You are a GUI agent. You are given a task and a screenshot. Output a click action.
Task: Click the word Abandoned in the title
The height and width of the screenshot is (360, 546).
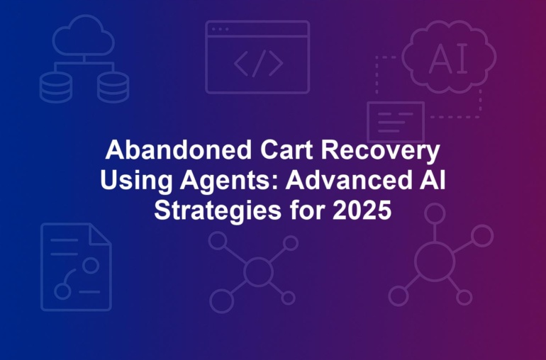(179, 150)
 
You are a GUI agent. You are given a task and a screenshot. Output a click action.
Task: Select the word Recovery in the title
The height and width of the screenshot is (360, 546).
(381, 152)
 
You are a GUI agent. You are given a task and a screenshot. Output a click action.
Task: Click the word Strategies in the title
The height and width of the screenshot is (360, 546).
(218, 211)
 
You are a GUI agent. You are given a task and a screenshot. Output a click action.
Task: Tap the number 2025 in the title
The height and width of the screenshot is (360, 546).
(362, 210)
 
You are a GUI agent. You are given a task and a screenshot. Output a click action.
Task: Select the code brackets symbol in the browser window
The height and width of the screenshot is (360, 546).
(258, 63)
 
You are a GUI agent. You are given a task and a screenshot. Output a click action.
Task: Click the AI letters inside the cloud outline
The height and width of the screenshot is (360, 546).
(448, 59)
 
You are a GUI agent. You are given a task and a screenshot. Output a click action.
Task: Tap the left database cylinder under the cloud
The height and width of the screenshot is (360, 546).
(56, 87)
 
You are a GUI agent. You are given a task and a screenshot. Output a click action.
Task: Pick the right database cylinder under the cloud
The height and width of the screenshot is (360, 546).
(113, 87)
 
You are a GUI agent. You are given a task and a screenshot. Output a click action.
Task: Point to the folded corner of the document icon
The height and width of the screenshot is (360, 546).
(100, 235)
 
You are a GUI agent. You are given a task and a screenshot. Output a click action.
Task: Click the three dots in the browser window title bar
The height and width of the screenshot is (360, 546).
(221, 29)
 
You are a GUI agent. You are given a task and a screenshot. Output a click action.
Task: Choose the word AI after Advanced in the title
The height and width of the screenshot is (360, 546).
(433, 180)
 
